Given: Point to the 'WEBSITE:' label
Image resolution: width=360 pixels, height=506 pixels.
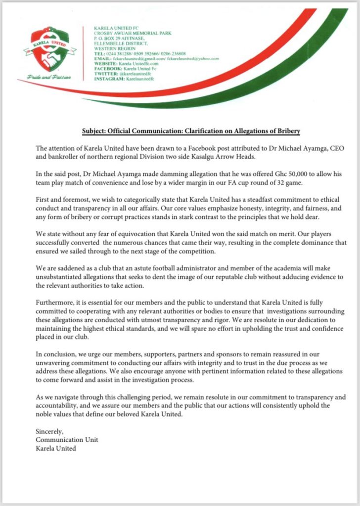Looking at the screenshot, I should [x=104, y=63].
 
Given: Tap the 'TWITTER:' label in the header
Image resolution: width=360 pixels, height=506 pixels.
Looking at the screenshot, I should [x=104, y=73].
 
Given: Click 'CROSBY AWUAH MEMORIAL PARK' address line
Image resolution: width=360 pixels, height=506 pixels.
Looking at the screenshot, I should [x=123, y=34].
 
